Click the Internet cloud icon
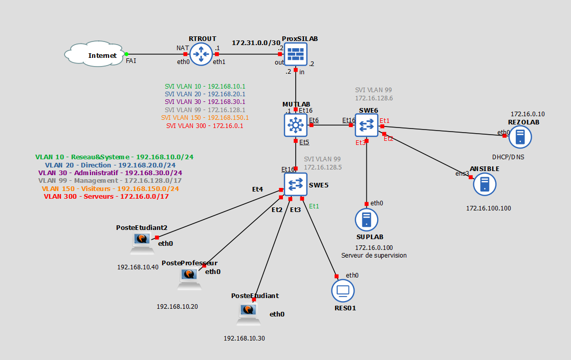(x=95, y=55)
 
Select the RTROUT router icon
(x=201, y=54)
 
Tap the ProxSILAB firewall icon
(x=296, y=54)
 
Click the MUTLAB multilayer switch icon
(x=295, y=125)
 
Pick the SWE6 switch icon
(x=366, y=125)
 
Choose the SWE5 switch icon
(x=295, y=184)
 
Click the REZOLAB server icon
(x=519, y=137)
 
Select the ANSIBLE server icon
(x=484, y=184)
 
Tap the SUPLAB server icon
(x=366, y=220)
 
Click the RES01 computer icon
(x=342, y=291)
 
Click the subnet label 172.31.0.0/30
(x=256, y=43)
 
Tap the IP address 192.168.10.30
(x=244, y=338)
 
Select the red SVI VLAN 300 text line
(x=205, y=125)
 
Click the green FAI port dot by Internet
(x=126, y=54)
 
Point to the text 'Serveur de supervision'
(x=374, y=255)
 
